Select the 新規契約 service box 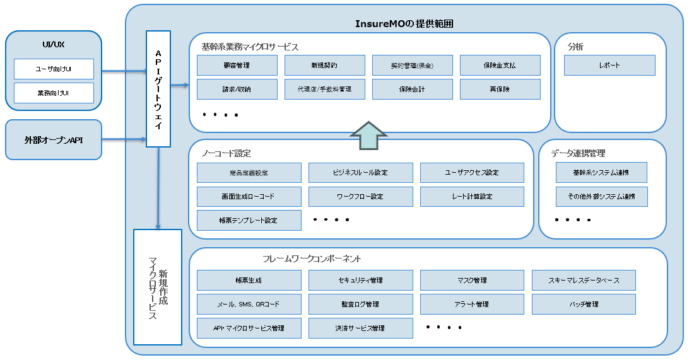coord(324,65)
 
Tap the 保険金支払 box coord(500,65)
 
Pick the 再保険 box coord(500,89)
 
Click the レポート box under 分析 coord(609,65)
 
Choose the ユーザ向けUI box coord(54,69)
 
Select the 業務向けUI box coord(54,93)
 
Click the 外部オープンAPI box coord(54,139)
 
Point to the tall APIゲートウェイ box coord(158,88)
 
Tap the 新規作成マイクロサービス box coord(158,287)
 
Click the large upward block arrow coord(368,135)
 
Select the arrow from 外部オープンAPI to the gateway coord(124,139)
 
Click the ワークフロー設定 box coord(360,196)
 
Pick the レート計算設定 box coord(472,196)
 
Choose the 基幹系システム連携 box coord(601,172)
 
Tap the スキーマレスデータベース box coord(584,280)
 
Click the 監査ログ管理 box coord(360,304)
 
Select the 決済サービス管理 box coord(360,328)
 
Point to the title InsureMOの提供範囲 coord(404,24)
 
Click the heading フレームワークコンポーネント coord(312,258)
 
